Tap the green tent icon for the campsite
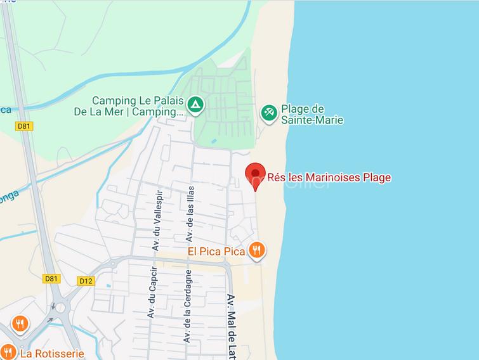click(196, 103)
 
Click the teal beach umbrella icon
click(268, 112)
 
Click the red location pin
click(255, 175)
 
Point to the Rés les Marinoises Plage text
click(329, 177)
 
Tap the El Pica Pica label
click(216, 252)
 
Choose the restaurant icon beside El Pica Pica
click(256, 250)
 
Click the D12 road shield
click(86, 280)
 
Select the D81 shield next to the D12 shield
click(51, 278)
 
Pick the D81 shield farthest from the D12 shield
click(24, 126)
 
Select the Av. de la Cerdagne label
click(188, 306)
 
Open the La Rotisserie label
click(52, 353)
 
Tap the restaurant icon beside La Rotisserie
click(8, 352)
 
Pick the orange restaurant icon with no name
click(20, 325)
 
